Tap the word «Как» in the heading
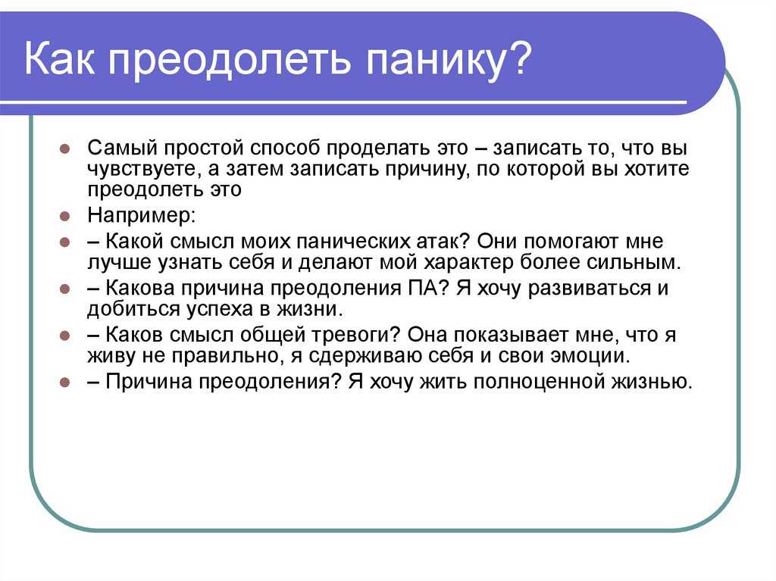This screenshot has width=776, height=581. click(59, 58)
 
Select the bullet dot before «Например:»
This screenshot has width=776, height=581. click(65, 217)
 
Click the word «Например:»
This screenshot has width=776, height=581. click(142, 216)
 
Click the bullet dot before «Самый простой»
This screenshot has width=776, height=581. click(65, 148)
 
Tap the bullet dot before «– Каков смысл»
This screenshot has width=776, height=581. click(65, 336)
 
